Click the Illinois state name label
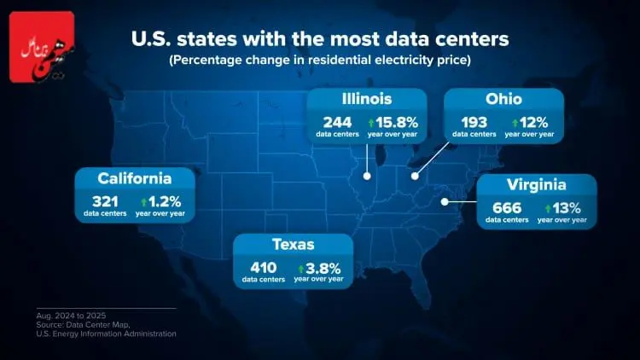366,99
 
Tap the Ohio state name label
504,99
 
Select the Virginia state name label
537,185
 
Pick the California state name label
135,178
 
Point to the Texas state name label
294,244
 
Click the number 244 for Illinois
335,122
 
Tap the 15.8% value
394,122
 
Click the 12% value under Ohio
528,122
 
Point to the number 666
507,207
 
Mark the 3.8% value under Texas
322,266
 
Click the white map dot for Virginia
445,202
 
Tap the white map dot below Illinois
367,177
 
